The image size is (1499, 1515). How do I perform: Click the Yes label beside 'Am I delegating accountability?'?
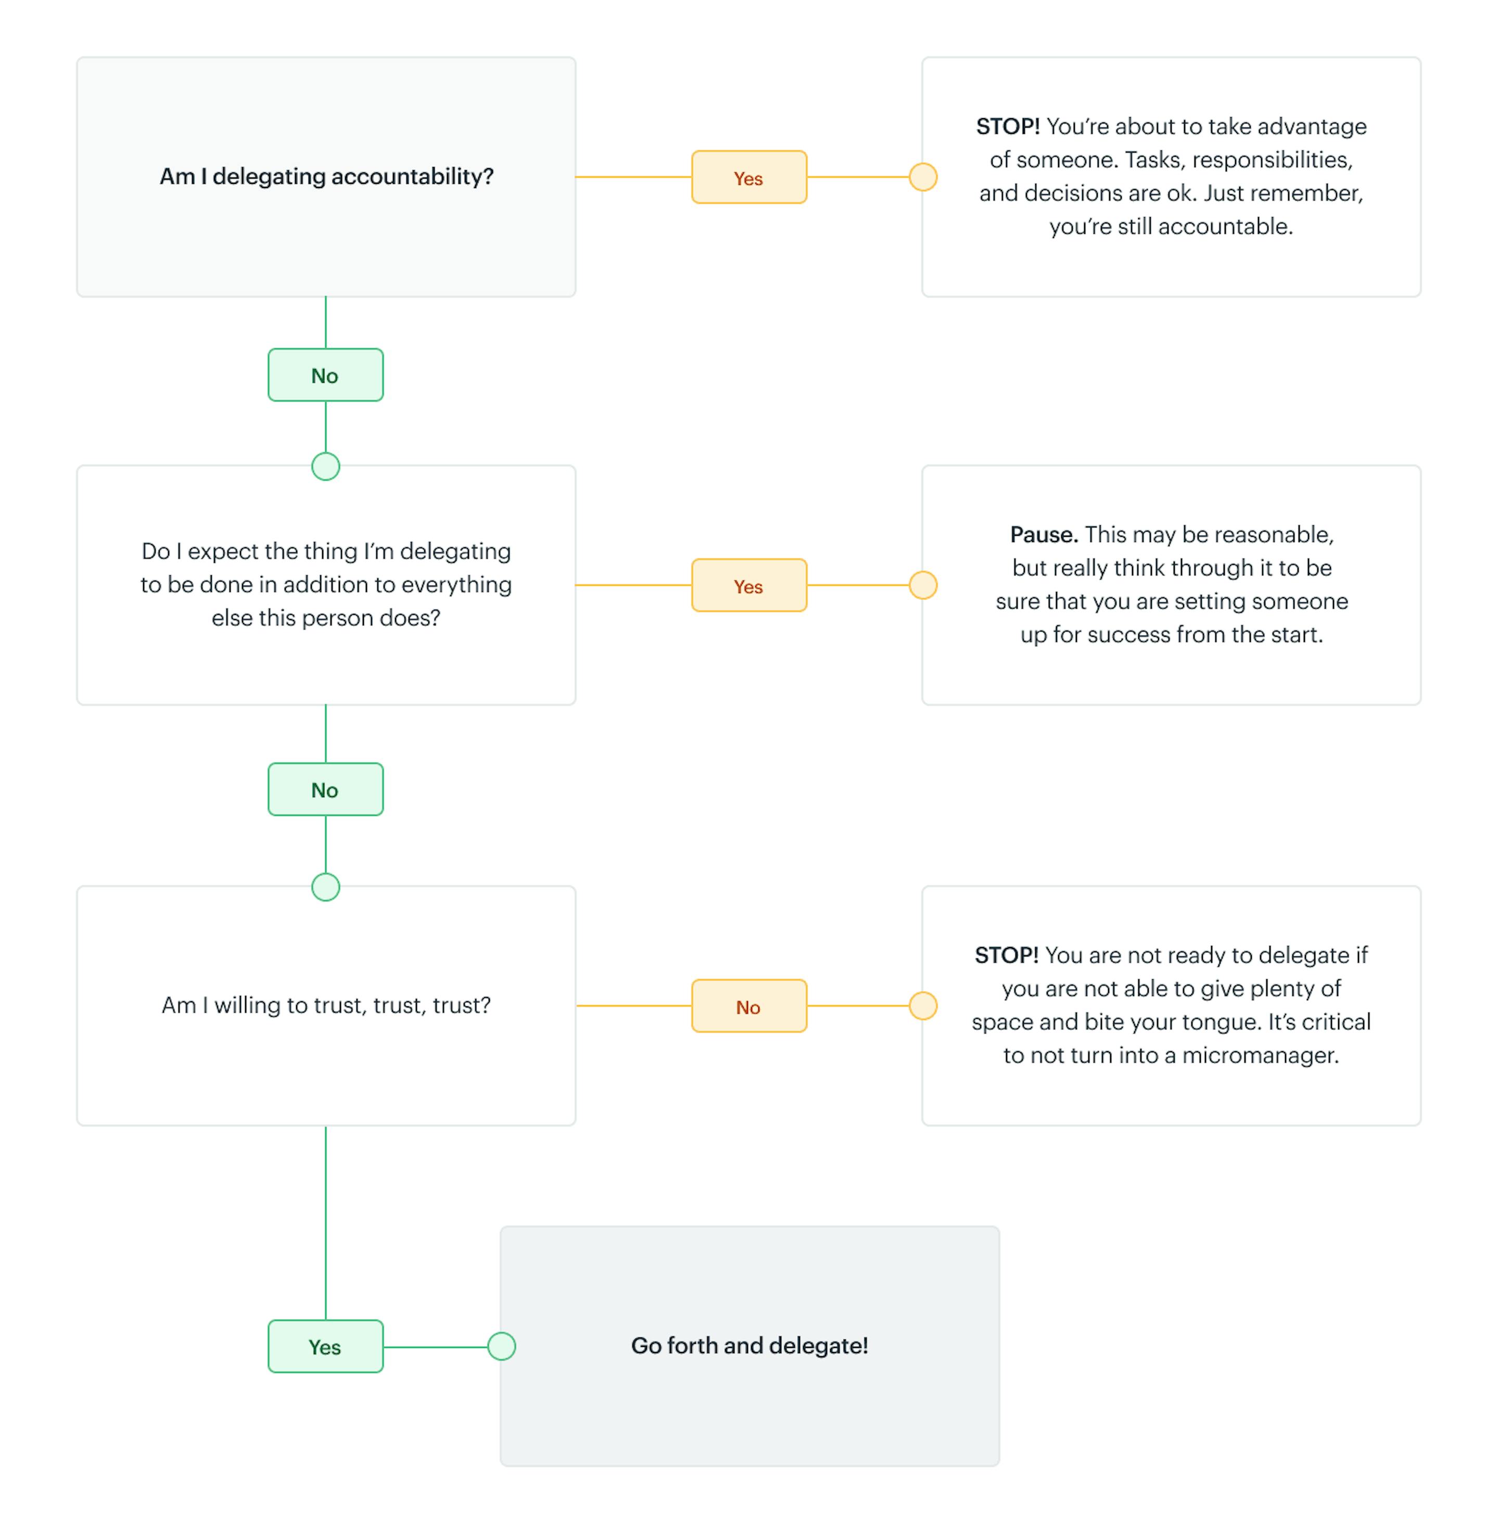[x=748, y=177]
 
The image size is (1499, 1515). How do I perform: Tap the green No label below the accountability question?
[x=325, y=375]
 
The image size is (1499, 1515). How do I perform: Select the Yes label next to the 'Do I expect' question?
[x=748, y=585]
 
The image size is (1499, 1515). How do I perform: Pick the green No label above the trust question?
[x=325, y=789]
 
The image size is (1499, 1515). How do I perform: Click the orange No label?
[x=748, y=1006]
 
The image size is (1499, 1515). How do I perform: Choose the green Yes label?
[x=325, y=1346]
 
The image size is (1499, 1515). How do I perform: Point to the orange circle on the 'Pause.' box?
[x=923, y=585]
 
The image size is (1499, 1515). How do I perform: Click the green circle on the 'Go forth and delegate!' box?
[x=502, y=1346]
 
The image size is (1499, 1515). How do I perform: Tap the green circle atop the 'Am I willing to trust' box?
[x=325, y=887]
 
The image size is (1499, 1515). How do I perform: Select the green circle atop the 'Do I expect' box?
[x=325, y=466]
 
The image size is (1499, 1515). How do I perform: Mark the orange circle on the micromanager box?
[x=923, y=1005]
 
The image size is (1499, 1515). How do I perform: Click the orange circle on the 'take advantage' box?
[x=923, y=177]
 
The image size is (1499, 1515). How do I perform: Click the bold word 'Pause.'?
[x=1044, y=535]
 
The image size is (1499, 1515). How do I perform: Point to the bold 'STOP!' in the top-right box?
[x=1008, y=126]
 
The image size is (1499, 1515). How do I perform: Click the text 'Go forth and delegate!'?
[x=749, y=1346]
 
